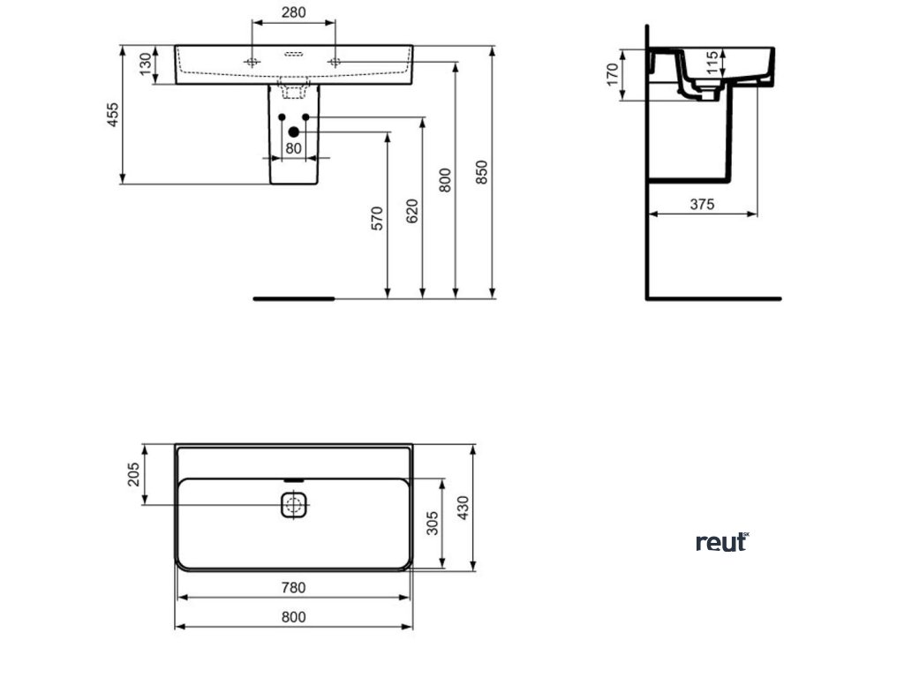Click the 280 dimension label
(x=294, y=12)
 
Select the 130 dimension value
(x=144, y=64)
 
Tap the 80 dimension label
(x=294, y=147)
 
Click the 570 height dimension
(x=377, y=219)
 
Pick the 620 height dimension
(x=412, y=212)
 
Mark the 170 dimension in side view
(x=612, y=74)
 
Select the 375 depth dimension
(x=702, y=204)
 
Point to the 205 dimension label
(x=133, y=475)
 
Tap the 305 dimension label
(x=432, y=526)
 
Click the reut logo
(x=722, y=542)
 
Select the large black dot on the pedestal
(x=294, y=132)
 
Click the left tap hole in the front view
(x=252, y=62)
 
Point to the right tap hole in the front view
(x=335, y=62)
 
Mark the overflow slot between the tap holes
(x=294, y=54)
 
